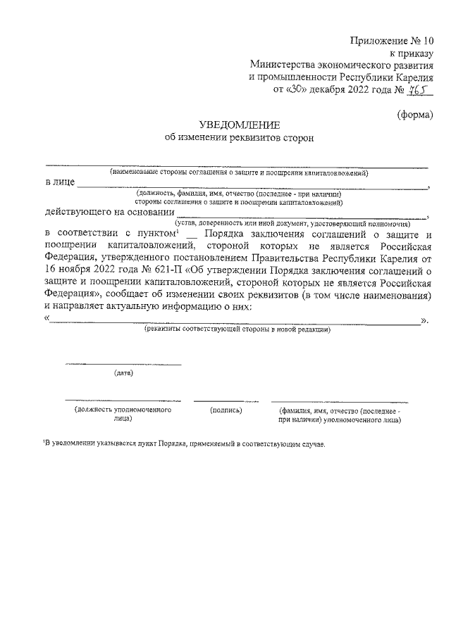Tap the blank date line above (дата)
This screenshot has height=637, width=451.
(123, 364)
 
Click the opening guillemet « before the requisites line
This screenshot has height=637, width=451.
(47, 319)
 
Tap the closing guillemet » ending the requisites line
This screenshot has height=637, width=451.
(424, 319)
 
